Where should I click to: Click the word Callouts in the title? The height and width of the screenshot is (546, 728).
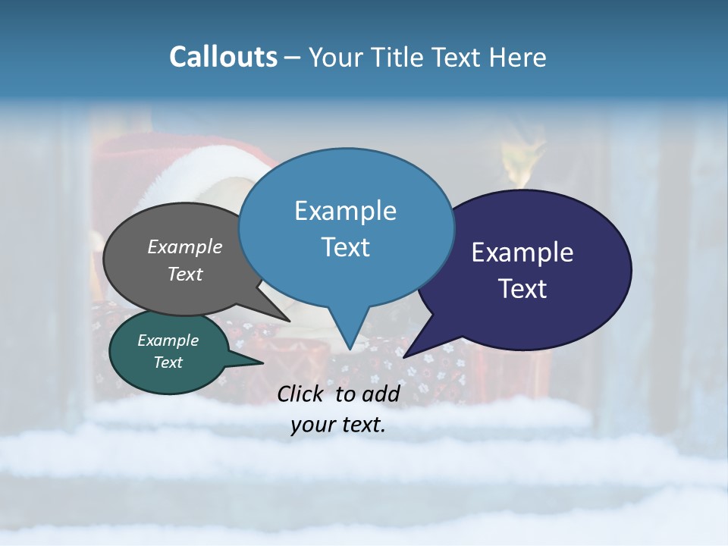(223, 57)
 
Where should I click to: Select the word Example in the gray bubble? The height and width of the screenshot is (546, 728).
(185, 246)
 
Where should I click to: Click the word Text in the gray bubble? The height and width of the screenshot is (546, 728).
(185, 274)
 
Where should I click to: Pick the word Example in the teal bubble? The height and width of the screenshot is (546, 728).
(168, 340)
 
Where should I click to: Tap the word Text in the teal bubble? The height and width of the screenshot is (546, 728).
(168, 362)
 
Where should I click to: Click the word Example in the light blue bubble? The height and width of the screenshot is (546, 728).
(345, 210)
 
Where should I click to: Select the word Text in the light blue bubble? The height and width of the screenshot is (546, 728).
(345, 246)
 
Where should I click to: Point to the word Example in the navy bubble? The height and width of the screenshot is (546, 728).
(522, 253)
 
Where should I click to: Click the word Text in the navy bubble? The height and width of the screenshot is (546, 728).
(522, 289)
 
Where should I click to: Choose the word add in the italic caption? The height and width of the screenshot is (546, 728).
(381, 394)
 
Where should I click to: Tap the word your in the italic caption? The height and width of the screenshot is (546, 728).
(313, 425)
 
